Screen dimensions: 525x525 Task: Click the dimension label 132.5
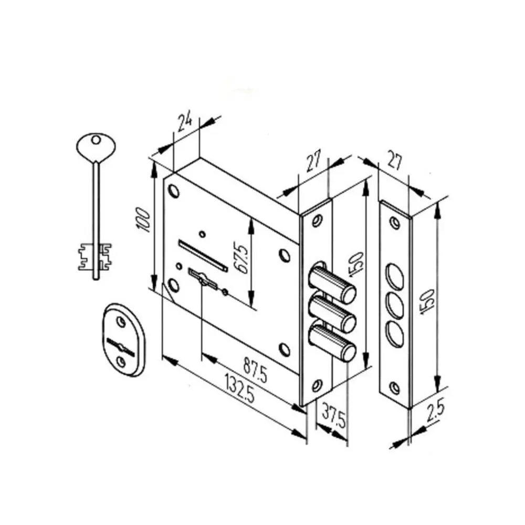pyautogui.click(x=240, y=388)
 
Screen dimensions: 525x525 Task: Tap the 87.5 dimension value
pyautogui.click(x=255, y=370)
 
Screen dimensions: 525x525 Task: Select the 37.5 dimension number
pyautogui.click(x=333, y=416)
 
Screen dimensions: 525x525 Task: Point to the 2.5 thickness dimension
pyautogui.click(x=436, y=410)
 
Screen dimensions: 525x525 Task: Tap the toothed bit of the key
pyautogui.click(x=94, y=257)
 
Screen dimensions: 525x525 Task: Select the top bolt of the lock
pyautogui.click(x=332, y=282)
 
